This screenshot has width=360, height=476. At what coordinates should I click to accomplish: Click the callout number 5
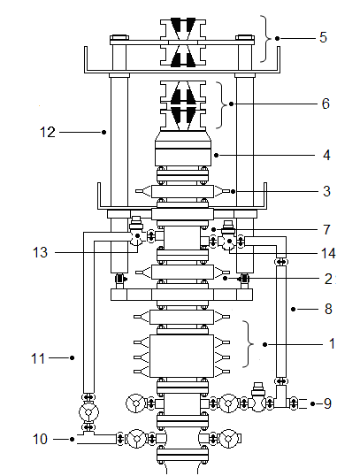click(x=323, y=37)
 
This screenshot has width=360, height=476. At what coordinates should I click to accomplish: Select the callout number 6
click(x=326, y=104)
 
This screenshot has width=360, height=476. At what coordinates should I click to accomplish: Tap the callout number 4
click(x=326, y=155)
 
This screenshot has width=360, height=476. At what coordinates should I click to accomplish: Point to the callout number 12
click(x=48, y=133)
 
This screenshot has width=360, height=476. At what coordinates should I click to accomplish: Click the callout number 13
click(x=40, y=252)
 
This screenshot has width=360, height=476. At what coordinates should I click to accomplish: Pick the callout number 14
click(x=328, y=253)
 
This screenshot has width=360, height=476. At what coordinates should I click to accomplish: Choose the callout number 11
click(x=38, y=358)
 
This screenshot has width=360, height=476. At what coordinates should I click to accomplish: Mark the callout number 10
click(x=40, y=439)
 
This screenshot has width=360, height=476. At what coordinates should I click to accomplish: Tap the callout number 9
click(x=327, y=403)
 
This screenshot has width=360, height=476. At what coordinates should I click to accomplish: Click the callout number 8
click(x=328, y=309)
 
